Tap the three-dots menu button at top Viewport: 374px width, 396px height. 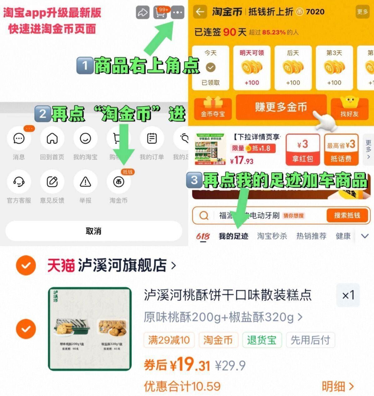click(177, 13)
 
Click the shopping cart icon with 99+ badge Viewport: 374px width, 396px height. click(160, 13)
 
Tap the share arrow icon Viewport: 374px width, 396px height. click(143, 13)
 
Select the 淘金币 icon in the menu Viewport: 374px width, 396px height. click(118, 182)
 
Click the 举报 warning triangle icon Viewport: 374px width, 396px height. click(85, 182)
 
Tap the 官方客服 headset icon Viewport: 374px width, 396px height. click(19, 182)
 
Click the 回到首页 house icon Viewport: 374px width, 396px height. click(52, 138)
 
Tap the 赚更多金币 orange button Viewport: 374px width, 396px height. click(281, 107)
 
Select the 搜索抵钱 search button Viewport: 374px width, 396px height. click(347, 215)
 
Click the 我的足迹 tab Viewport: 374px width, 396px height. click(233, 236)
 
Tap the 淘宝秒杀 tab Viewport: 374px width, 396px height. click(272, 236)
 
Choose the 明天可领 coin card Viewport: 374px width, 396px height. click(252, 68)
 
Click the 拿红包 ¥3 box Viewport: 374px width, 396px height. click(302, 150)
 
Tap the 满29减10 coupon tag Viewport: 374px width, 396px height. click(169, 340)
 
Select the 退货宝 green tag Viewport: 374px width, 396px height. click(262, 340)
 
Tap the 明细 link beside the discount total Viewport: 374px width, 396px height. click(337, 387)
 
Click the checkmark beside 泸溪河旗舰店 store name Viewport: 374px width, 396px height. click(26, 266)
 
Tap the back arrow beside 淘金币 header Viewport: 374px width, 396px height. click(200, 12)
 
